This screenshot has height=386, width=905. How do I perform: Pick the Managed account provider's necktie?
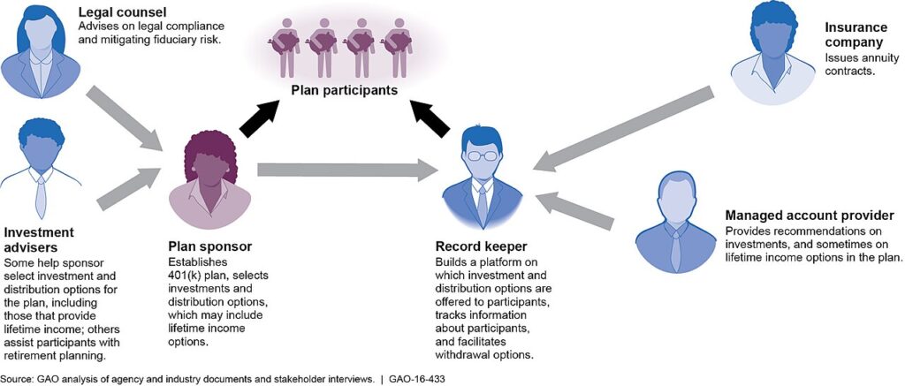(676, 253)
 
